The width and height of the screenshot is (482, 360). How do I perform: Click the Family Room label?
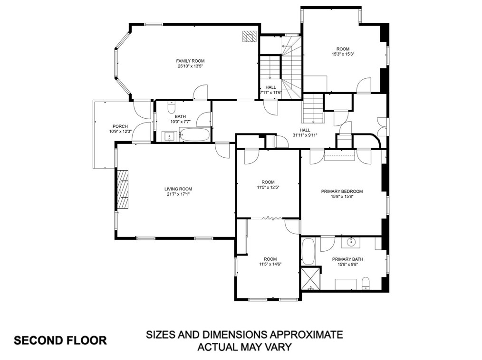pyautogui.click(x=190, y=61)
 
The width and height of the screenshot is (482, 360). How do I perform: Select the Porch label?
pyautogui.click(x=120, y=126)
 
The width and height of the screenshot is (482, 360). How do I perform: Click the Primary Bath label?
pyautogui.click(x=347, y=259)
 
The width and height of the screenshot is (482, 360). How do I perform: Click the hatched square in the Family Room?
pyautogui.click(x=249, y=36)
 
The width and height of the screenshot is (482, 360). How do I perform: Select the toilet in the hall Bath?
pyautogui.click(x=171, y=107)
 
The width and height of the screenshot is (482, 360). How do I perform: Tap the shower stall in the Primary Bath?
pyautogui.click(x=310, y=279)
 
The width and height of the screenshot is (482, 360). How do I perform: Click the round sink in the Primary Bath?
pyautogui.click(x=352, y=242)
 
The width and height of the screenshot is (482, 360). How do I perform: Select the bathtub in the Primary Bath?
pyautogui.click(x=308, y=252)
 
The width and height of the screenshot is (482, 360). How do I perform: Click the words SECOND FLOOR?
pyautogui.click(x=60, y=341)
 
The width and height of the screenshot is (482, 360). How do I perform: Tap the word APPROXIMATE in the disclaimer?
pyautogui.click(x=300, y=334)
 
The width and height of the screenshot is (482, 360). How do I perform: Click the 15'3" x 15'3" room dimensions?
pyautogui.click(x=343, y=54)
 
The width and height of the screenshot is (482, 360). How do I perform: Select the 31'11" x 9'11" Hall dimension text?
pyautogui.click(x=305, y=135)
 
